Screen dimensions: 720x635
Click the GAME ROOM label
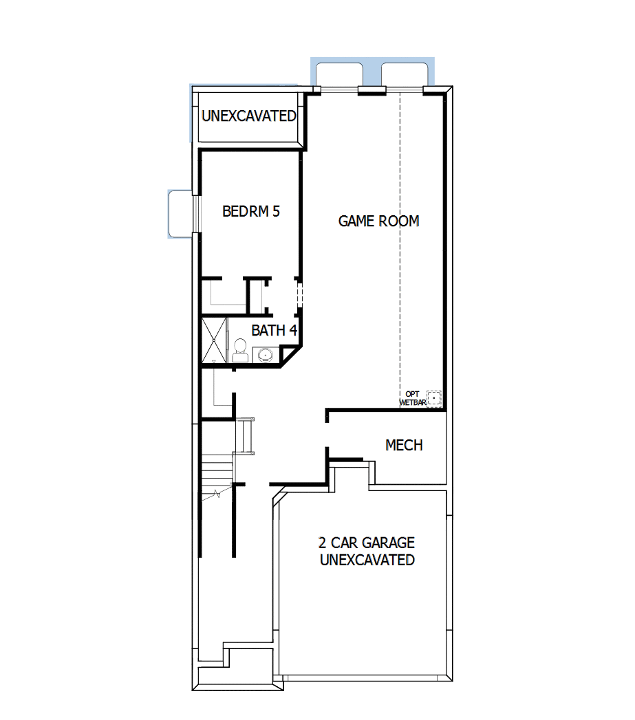coord(378,221)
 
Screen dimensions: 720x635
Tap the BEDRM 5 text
coord(251,211)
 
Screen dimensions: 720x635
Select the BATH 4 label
coord(274,330)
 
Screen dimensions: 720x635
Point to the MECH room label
coord(404,446)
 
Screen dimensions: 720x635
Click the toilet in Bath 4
coord(240,349)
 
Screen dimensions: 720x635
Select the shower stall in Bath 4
coord(213,340)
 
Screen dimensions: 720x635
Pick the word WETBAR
coord(413,402)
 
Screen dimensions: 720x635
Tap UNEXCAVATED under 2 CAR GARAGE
coord(367,560)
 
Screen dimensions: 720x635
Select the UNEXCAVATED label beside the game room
coord(248,116)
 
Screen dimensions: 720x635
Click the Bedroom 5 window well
coord(180,214)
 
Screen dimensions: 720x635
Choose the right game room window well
coord(406,72)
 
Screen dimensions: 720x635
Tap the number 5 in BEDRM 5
coord(276,211)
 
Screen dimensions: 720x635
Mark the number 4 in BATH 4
coord(292,330)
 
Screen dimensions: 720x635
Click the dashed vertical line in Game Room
coord(400,241)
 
